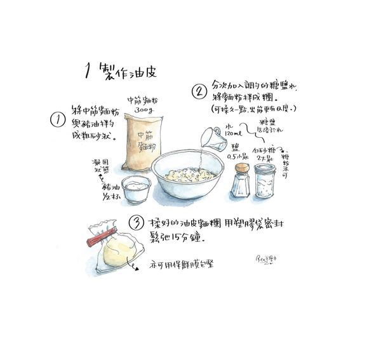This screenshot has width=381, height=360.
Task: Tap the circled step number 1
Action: (58, 120)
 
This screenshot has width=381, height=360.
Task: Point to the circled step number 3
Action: (137, 223)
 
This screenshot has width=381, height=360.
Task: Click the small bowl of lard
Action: (136, 189)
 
